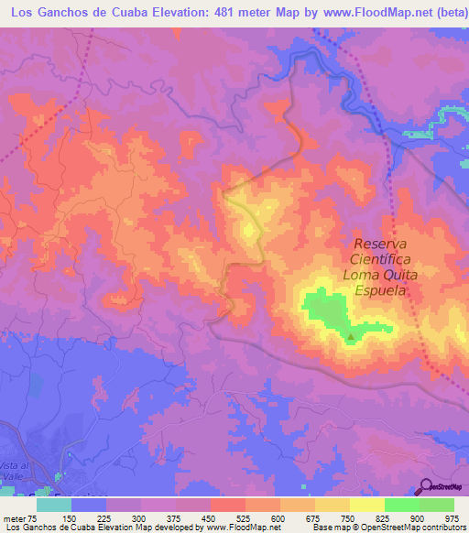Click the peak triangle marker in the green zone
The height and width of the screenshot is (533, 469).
(x=351, y=336)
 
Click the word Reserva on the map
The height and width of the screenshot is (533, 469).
(x=379, y=244)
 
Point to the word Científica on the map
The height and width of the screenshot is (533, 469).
(x=379, y=259)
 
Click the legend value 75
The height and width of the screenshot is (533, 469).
(x=36, y=517)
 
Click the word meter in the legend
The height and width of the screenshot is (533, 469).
(x=16, y=517)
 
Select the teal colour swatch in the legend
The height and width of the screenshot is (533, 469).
(x=54, y=505)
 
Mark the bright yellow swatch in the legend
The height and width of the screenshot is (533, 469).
(x=367, y=505)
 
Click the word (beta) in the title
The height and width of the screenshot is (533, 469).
(x=447, y=12)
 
